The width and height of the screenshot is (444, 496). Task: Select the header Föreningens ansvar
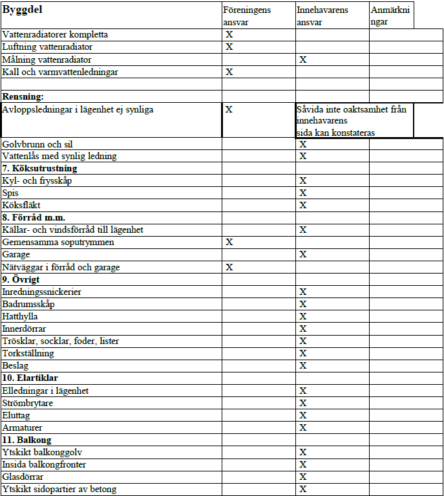pos(246,16)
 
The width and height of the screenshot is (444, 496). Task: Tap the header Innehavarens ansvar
pos(322,16)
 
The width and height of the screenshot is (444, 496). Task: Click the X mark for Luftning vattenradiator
pos(229,47)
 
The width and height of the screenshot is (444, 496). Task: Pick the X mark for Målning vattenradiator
pos(302,59)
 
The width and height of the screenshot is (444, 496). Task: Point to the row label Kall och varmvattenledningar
pos(60,72)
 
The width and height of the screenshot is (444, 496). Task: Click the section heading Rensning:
pos(23,96)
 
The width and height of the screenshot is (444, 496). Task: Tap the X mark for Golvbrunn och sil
pos(302,144)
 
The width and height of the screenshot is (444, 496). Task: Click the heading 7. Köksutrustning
pos(39,168)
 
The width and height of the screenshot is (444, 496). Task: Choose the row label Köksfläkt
pos(21,205)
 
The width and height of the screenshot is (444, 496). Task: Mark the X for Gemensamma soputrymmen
pos(229,242)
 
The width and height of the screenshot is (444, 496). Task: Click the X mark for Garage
pos(302,255)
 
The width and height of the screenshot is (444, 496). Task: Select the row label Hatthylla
pos(20,316)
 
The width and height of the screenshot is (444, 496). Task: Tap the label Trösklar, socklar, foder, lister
pos(61,341)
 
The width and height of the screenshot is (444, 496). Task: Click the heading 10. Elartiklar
pos(31,378)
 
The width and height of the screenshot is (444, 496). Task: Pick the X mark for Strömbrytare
pos(302,403)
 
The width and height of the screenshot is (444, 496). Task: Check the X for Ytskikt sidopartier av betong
pos(302,489)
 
